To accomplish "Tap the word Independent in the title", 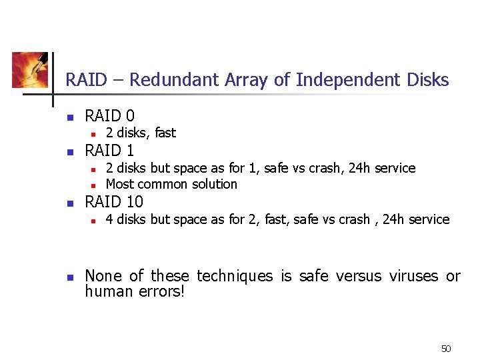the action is pyautogui.click(x=349, y=80).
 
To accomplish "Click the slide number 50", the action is pyautogui.click(x=446, y=349).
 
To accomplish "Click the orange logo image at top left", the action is pyautogui.click(x=30, y=70).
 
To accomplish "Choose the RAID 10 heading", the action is pyautogui.click(x=114, y=201).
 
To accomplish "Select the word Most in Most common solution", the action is pyautogui.click(x=119, y=184).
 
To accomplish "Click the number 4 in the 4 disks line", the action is pyautogui.click(x=109, y=219).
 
